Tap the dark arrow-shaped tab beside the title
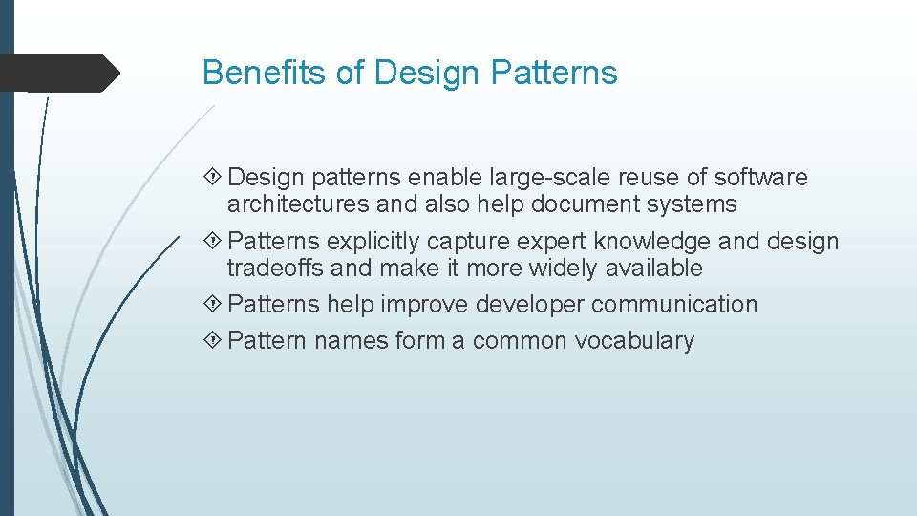pyautogui.click(x=59, y=73)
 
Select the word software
pyautogui.click(x=760, y=178)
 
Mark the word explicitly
pyautogui.click(x=376, y=243)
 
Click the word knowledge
pyautogui.click(x=655, y=243)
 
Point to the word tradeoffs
pyautogui.click(x=275, y=269)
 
